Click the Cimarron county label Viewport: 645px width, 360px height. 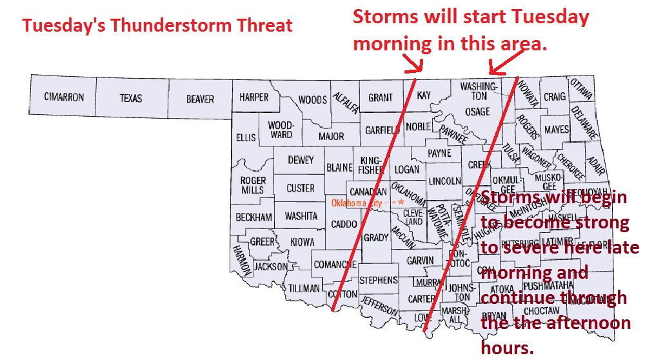[x=64, y=98]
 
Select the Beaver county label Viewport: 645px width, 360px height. [x=200, y=99]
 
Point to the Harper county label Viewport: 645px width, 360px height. [x=253, y=97]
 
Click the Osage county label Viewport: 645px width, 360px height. [x=478, y=112]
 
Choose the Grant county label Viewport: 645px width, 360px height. [x=381, y=98]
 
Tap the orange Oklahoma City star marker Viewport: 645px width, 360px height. [x=401, y=202]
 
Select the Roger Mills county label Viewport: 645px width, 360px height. [x=253, y=185]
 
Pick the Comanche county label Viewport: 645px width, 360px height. [x=335, y=265]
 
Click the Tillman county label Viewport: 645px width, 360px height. [x=304, y=288]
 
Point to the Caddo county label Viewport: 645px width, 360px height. [x=344, y=224]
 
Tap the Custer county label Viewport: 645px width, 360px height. [x=301, y=188]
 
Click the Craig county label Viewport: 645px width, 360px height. [x=554, y=97]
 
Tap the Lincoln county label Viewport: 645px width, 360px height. [x=444, y=180]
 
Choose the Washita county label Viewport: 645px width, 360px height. [x=301, y=216]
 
